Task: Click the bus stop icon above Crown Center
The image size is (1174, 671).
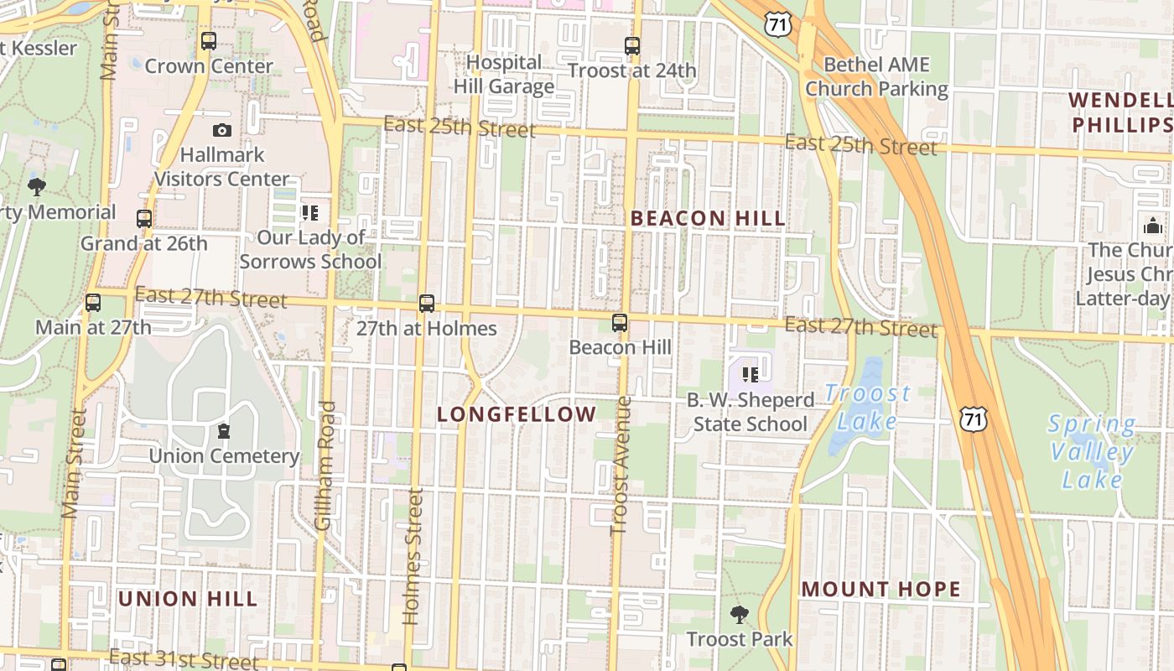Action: click(208, 40)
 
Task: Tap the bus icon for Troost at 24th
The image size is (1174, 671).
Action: click(632, 46)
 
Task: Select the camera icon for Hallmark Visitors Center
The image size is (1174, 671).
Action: click(221, 130)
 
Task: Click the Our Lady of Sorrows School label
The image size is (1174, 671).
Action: click(310, 249)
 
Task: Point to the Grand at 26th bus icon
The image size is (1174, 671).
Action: click(144, 219)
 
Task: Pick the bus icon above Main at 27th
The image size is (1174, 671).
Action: click(93, 302)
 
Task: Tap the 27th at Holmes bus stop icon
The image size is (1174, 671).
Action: click(427, 304)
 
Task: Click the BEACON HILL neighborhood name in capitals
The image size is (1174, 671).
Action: click(708, 219)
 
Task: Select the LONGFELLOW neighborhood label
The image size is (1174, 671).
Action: click(517, 414)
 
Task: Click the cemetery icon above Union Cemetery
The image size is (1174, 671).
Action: click(224, 431)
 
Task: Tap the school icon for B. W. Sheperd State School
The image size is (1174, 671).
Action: click(751, 374)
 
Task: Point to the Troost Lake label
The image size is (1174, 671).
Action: click(867, 407)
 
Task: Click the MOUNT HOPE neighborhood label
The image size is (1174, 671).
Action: click(880, 590)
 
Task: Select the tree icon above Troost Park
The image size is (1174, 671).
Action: click(739, 615)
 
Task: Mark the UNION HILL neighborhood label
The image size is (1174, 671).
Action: click(188, 599)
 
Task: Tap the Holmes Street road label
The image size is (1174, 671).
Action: click(413, 557)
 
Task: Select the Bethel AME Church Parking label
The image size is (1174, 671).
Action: click(876, 76)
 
